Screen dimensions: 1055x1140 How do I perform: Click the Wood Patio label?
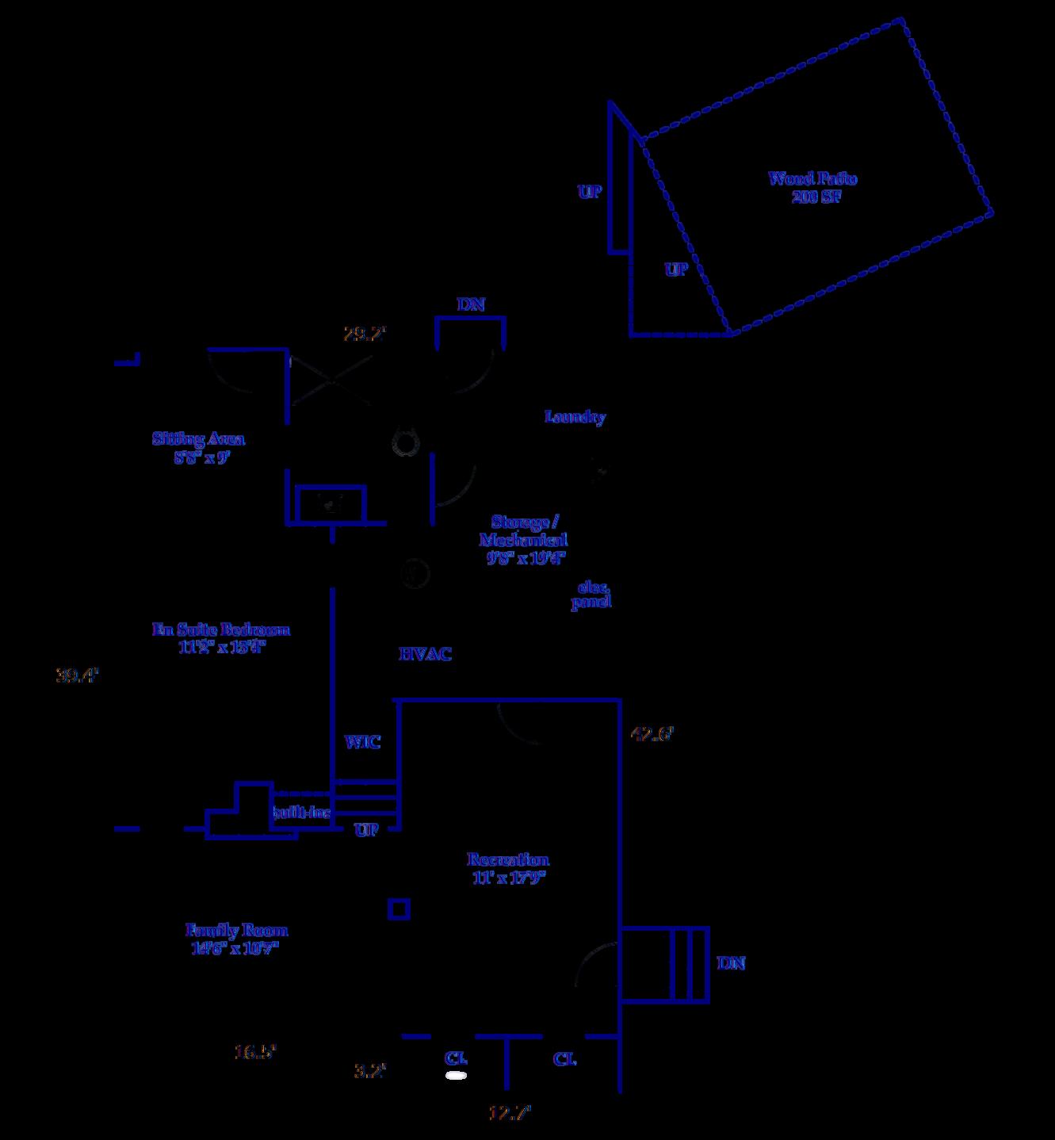(x=813, y=187)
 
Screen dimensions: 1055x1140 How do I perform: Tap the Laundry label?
(x=575, y=417)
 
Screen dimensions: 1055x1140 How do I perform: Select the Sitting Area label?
(x=199, y=448)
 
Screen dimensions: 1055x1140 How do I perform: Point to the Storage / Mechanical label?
(x=524, y=539)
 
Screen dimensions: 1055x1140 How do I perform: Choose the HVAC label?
(x=425, y=654)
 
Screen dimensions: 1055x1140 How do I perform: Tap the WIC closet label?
(x=362, y=742)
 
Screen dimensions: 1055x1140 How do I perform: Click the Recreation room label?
(x=508, y=868)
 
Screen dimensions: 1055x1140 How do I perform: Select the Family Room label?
(x=236, y=939)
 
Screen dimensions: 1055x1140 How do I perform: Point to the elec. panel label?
(x=591, y=595)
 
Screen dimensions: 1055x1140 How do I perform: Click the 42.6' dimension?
(x=652, y=734)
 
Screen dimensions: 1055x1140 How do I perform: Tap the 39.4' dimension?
(x=77, y=676)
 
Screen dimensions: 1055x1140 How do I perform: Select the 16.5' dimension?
(x=255, y=1052)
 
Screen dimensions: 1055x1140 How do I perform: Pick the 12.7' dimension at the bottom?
(x=509, y=1112)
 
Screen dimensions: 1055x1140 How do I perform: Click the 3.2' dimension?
(x=369, y=1071)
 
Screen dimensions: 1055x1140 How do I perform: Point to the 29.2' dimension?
(x=364, y=334)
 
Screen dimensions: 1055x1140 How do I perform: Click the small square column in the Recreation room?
(x=399, y=909)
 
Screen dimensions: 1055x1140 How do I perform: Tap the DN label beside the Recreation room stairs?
(x=731, y=963)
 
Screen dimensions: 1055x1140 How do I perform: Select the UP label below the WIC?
(x=366, y=830)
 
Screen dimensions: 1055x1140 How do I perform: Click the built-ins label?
(x=302, y=813)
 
